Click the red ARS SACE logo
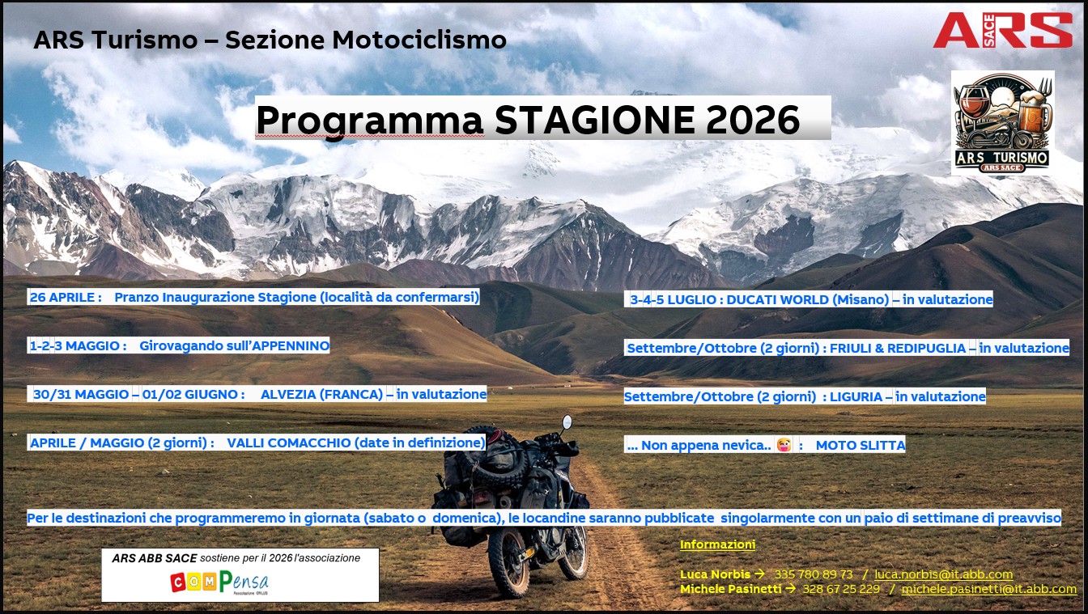(1002, 30)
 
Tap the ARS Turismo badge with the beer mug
(1002, 123)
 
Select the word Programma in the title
(370, 121)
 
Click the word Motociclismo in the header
(419, 40)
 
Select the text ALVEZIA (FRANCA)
(321, 394)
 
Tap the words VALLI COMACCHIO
(288, 443)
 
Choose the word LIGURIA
(856, 396)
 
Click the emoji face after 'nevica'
(784, 445)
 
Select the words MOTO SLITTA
(861, 445)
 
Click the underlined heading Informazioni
(717, 544)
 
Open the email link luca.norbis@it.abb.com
(944, 574)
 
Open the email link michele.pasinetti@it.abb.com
(989, 589)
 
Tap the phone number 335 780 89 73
(814, 574)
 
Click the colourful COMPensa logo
(219, 582)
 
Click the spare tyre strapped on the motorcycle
(491, 459)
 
